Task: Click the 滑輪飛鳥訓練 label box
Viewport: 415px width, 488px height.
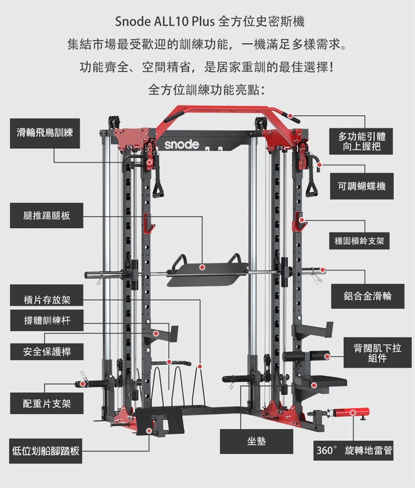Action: click(x=45, y=133)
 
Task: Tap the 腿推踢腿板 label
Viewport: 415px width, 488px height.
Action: click(x=47, y=215)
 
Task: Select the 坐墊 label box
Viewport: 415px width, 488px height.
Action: click(x=256, y=441)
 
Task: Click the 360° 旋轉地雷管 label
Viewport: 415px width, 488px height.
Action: click(x=354, y=451)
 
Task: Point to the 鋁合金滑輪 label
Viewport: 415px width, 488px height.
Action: click(x=367, y=296)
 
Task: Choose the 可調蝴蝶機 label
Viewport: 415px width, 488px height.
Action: click(x=362, y=186)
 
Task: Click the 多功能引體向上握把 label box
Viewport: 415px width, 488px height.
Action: click(x=362, y=141)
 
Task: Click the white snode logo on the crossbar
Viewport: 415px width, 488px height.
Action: click(x=182, y=145)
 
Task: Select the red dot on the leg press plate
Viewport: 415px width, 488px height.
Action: click(x=202, y=268)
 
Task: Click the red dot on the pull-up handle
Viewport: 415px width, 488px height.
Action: click(x=291, y=116)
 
